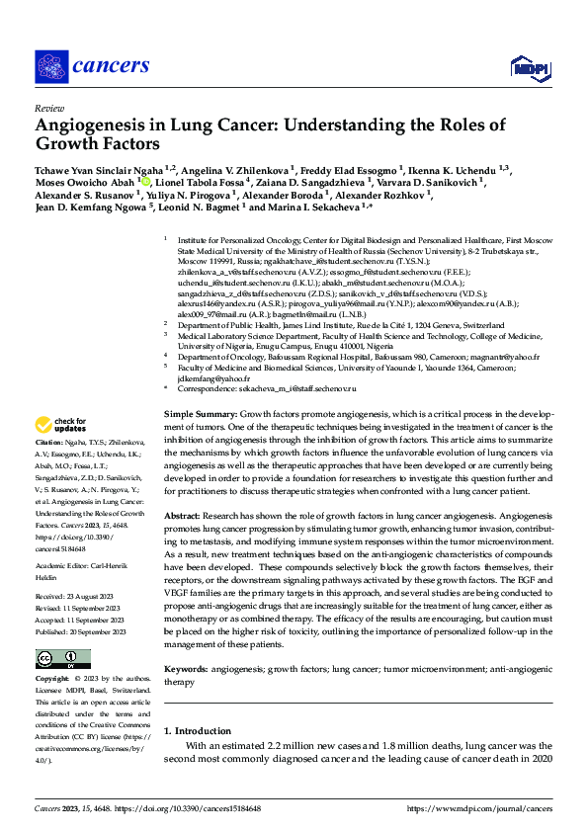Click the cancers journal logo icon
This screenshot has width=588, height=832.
(x=51, y=65)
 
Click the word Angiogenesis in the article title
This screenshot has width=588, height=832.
(x=95, y=125)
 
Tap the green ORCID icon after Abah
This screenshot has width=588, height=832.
(x=144, y=183)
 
